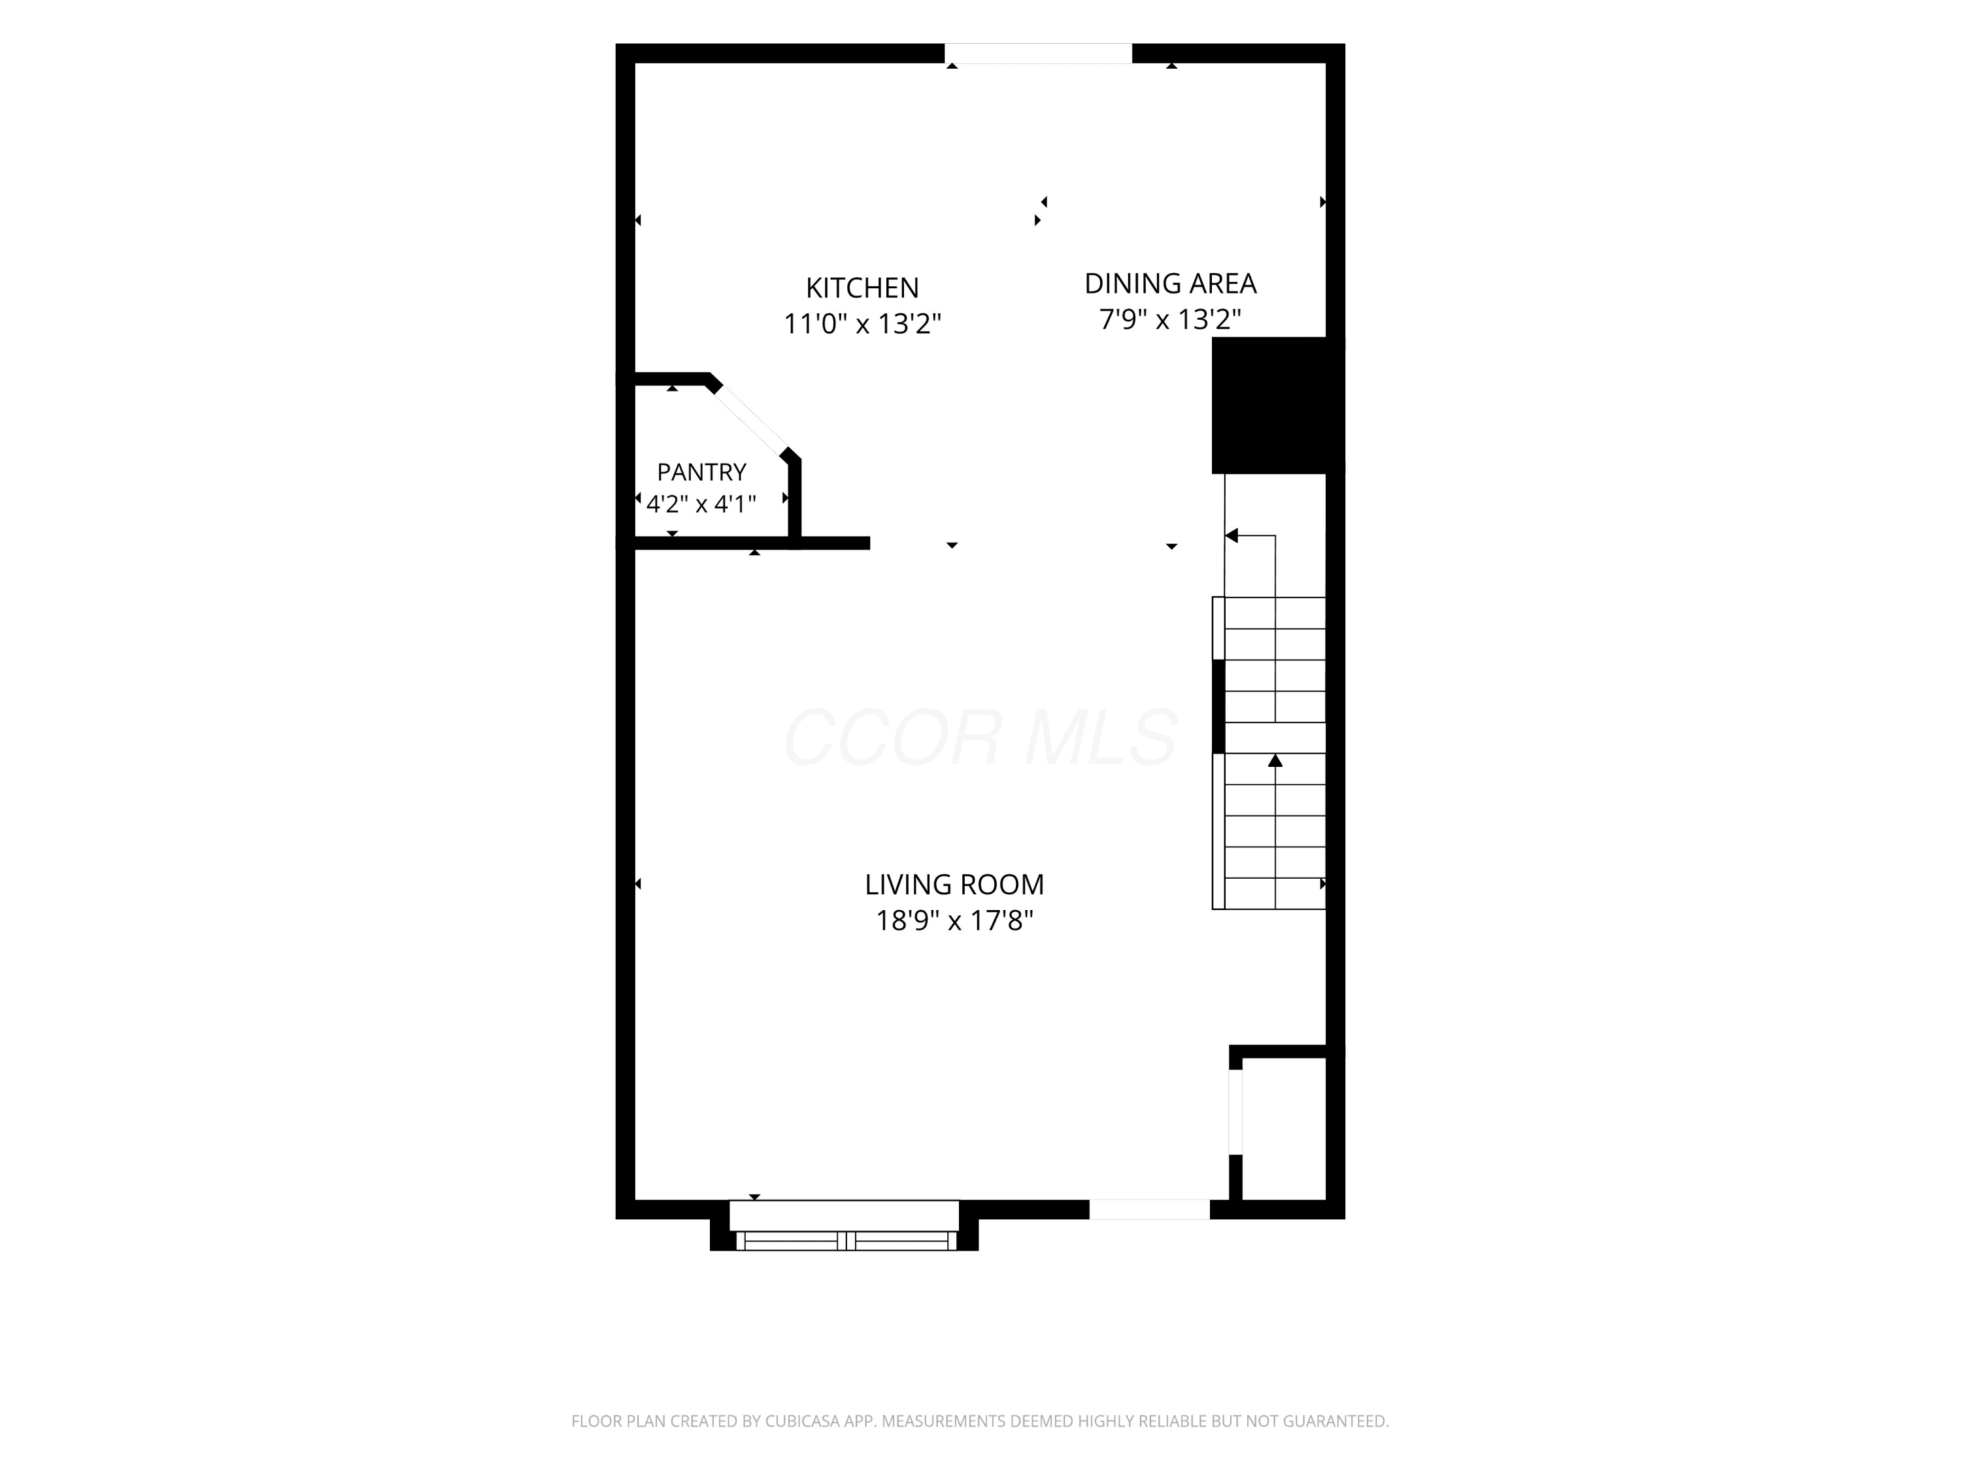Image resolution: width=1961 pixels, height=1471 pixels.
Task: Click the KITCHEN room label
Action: click(862, 288)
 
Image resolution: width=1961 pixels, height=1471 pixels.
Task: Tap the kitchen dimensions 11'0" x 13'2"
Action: click(862, 324)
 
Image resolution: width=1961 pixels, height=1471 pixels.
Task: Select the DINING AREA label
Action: click(1170, 284)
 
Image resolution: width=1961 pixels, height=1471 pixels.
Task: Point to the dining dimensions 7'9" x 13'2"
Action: click(1170, 319)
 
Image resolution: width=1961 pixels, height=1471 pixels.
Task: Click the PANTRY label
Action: click(701, 472)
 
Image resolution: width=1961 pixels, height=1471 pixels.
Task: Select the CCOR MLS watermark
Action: click(980, 737)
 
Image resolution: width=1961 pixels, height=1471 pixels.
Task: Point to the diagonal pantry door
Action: click(751, 421)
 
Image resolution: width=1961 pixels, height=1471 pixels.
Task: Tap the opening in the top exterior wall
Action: click(1038, 53)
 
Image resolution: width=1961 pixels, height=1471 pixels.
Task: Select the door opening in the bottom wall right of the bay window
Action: click(1149, 1209)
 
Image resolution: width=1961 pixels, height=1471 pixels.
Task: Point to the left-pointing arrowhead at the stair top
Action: click(1232, 535)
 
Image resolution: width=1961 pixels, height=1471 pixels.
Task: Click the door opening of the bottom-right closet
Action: click(1235, 1112)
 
